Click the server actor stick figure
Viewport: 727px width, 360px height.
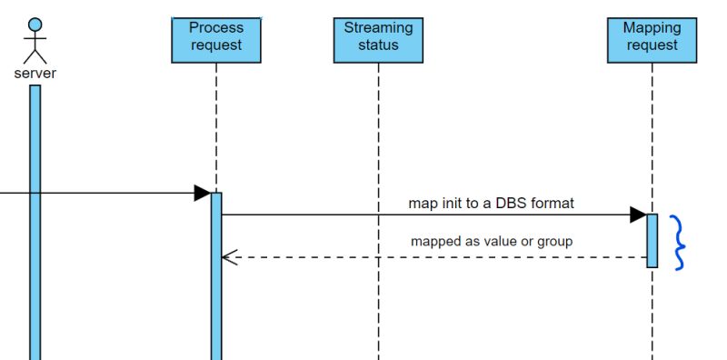click(x=35, y=41)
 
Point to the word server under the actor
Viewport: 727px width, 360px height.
click(x=35, y=74)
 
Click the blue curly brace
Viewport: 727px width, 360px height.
click(x=678, y=242)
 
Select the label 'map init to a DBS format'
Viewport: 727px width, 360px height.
click(x=491, y=203)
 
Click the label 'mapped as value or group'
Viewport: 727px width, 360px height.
click(x=491, y=242)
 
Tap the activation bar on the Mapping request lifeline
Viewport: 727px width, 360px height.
click(x=652, y=240)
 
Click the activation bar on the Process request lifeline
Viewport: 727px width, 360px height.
click(x=216, y=273)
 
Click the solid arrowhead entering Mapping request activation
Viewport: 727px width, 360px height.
click(x=638, y=215)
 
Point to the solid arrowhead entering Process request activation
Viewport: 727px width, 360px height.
click(x=203, y=193)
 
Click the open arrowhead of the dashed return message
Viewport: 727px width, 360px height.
click(x=229, y=257)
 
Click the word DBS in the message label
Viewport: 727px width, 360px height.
click(x=512, y=203)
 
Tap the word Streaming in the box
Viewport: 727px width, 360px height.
click(x=377, y=28)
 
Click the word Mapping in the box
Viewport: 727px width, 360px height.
click(x=652, y=28)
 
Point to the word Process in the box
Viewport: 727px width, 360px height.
click(x=216, y=28)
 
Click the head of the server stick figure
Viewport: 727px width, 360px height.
click(x=35, y=24)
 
